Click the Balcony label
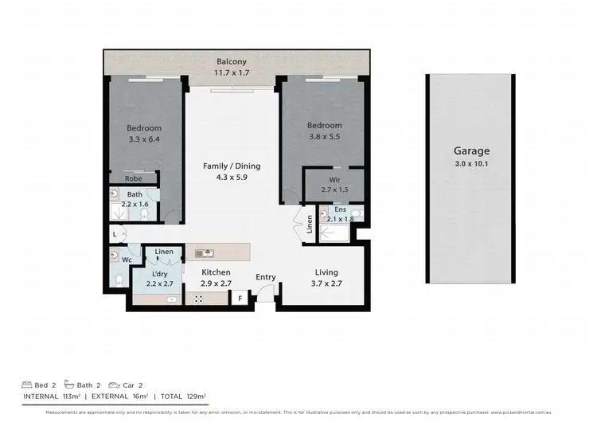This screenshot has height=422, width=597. tap(232, 62)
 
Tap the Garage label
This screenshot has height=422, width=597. tap(471, 150)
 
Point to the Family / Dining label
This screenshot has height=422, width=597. tap(232, 166)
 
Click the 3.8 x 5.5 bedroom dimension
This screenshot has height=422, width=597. tap(325, 137)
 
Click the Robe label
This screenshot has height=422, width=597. tap(133, 179)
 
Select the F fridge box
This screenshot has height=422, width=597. tap(240, 299)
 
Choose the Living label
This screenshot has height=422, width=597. tap(326, 272)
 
